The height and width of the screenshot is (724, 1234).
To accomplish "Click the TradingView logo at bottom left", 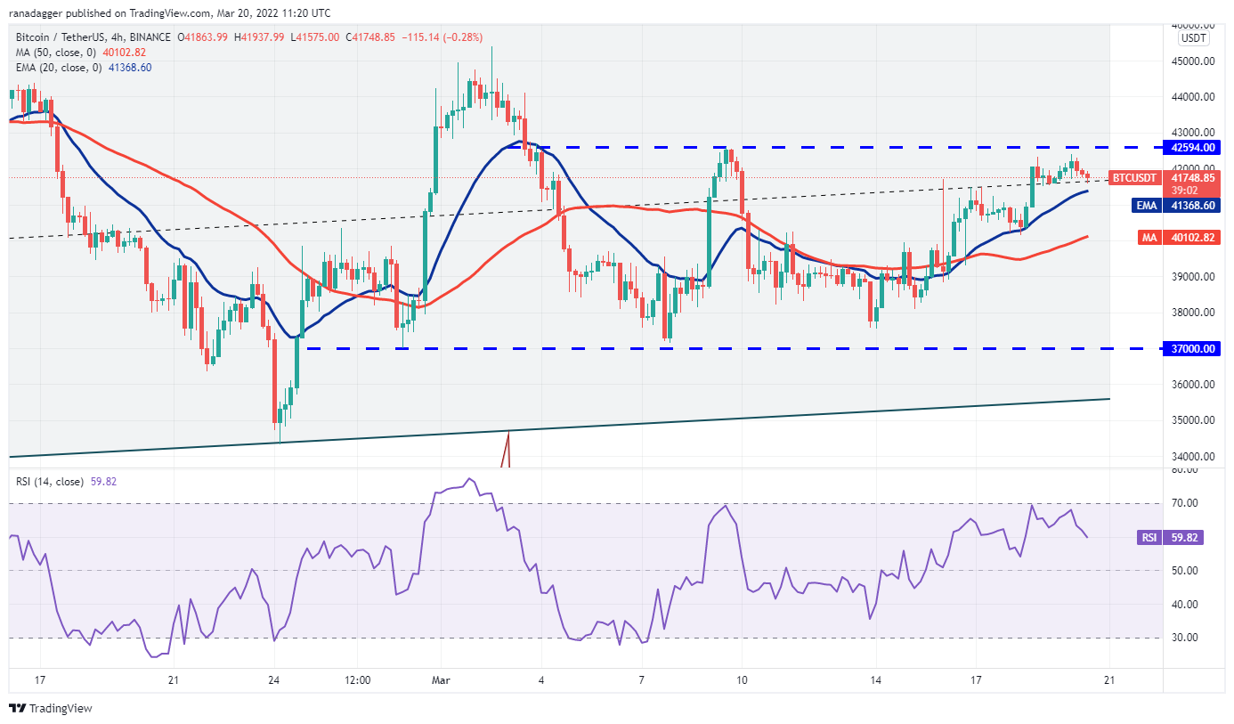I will [51, 709].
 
